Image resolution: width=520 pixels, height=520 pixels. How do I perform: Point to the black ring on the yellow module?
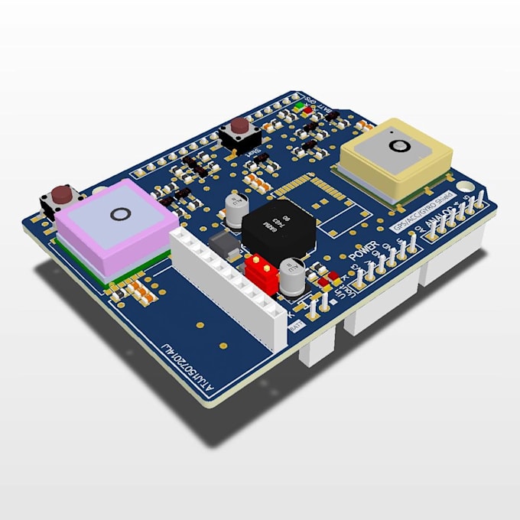395,145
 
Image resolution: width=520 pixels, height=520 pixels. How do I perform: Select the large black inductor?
273,224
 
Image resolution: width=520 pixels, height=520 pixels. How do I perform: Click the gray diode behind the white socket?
223,245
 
